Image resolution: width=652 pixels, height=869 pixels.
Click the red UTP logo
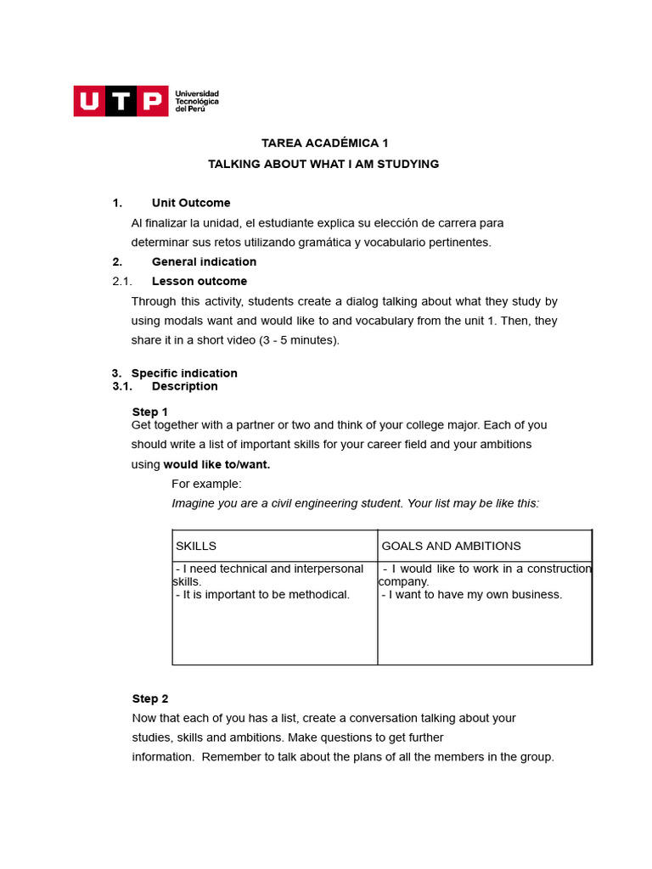point(120,101)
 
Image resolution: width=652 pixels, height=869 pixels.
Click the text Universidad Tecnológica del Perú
point(196,101)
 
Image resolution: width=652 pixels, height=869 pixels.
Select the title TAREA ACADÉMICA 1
point(324,143)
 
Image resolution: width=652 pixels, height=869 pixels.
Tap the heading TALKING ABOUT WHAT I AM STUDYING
point(323,164)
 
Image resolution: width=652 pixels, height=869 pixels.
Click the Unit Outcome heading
point(191,203)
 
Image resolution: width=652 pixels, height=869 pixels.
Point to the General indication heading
point(204,261)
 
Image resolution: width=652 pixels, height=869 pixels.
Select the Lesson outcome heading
point(200,281)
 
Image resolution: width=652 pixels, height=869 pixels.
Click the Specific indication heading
point(184,373)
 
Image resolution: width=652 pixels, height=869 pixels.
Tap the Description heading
point(184,386)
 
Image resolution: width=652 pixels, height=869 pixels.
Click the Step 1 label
point(150,412)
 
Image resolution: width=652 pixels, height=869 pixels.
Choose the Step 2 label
point(150,698)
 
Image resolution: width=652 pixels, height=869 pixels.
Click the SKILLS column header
point(196,546)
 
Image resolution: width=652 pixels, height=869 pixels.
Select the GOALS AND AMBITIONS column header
point(451,546)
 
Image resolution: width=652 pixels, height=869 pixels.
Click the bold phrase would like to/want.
point(216,464)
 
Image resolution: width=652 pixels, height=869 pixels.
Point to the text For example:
point(206,484)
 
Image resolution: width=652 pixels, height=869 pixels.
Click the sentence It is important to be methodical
point(263,594)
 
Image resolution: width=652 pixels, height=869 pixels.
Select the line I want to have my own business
point(472,594)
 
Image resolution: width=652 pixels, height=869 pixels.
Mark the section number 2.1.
point(121,281)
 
